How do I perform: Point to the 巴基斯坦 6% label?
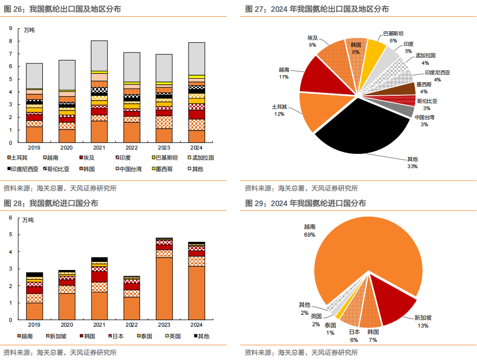pyautogui.click(x=393, y=37)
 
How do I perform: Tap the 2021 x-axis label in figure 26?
pyautogui.click(x=99, y=148)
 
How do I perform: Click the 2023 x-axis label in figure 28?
pyautogui.click(x=164, y=325)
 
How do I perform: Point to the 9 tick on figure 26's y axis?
pyautogui.click(x=10, y=29)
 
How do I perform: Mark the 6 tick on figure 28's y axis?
pyautogui.click(x=10, y=218)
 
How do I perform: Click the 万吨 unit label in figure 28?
pyautogui.click(x=29, y=220)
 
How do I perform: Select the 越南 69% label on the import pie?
pyautogui.click(x=309, y=231)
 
